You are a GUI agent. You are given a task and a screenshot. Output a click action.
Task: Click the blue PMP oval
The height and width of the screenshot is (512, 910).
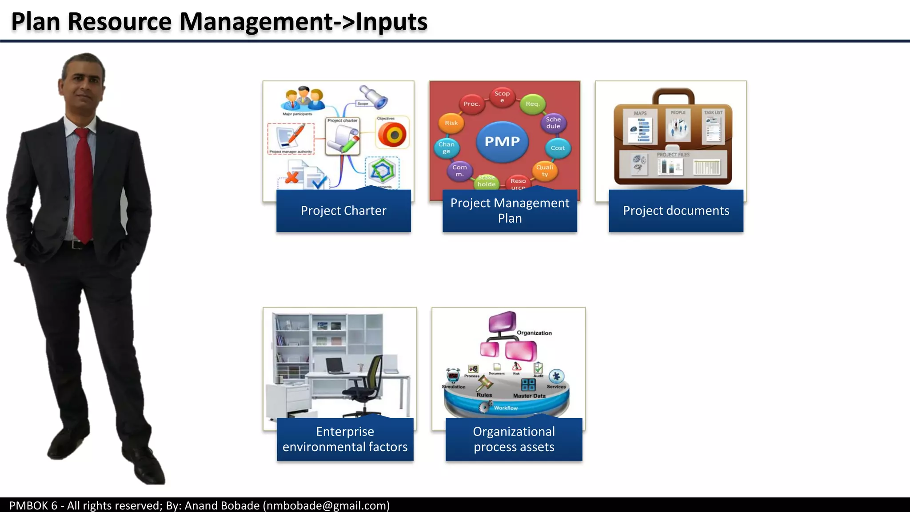point(502,141)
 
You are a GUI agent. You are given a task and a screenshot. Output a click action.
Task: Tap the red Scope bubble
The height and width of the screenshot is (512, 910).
point(502,96)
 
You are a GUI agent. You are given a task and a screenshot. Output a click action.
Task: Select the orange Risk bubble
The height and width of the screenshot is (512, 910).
point(451,123)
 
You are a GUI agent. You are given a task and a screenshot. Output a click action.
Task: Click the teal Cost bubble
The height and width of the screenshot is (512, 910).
point(557,148)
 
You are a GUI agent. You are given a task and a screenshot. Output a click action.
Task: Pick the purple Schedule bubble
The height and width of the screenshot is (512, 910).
point(553,123)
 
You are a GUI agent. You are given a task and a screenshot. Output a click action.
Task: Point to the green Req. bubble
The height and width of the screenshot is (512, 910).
point(532,104)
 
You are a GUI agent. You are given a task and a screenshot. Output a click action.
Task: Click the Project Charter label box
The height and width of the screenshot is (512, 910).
point(343,211)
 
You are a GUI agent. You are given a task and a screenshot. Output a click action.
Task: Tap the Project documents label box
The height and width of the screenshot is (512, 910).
point(676,211)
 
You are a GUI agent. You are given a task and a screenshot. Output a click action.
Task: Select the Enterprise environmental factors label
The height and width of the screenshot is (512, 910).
point(345,439)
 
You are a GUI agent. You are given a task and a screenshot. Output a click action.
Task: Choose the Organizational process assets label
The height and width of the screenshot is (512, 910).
point(514,439)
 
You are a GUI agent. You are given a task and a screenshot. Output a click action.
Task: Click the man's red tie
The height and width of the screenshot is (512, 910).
point(83,182)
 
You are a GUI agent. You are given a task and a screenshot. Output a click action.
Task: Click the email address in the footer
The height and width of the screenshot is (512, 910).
point(326,505)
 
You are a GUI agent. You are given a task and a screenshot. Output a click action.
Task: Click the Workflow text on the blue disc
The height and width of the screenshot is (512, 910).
point(506,408)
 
